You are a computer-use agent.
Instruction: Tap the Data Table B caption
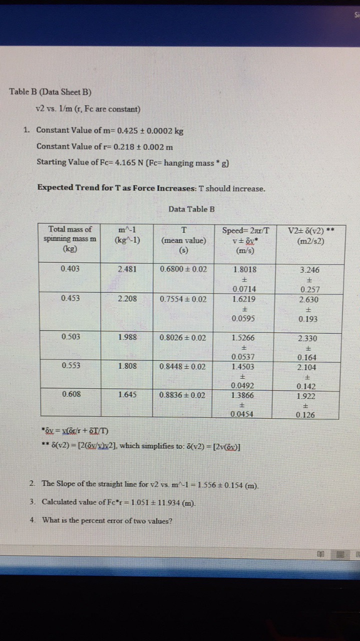point(192,208)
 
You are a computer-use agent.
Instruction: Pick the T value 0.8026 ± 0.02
point(183,337)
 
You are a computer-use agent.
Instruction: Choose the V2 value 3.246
point(310,270)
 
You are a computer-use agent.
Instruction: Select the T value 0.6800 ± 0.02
point(183,270)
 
